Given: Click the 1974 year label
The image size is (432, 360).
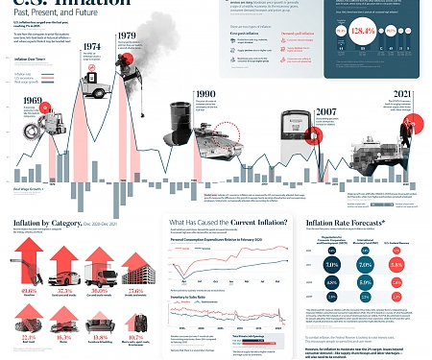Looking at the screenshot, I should click(92, 46).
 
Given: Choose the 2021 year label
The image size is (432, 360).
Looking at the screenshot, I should click(402, 93).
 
